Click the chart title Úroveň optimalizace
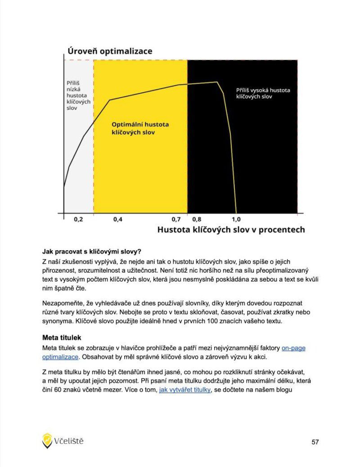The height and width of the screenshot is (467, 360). [110, 51]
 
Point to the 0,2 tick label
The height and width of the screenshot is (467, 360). [78, 220]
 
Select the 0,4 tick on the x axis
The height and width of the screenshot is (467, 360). [117, 220]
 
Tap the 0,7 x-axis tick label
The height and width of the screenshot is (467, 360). [176, 220]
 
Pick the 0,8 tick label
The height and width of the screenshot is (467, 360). [197, 220]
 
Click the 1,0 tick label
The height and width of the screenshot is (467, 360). [236, 220]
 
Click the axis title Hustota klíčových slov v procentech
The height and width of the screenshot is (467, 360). [231, 230]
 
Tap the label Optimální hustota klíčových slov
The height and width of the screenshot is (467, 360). [140, 128]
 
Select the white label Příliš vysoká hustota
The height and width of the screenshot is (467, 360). [263, 93]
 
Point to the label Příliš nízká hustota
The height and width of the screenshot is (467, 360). [78, 95]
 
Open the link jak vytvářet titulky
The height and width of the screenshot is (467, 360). [184, 390]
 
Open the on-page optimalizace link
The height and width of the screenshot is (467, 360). [293, 348]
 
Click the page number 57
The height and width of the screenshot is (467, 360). [315, 442]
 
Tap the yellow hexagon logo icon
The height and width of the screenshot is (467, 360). [47, 440]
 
